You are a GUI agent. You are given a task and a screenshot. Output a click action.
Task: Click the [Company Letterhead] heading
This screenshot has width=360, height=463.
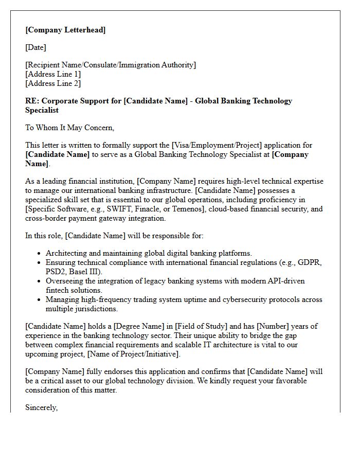[65, 30]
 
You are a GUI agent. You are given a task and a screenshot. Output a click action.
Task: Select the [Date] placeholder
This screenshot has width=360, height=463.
[35, 47]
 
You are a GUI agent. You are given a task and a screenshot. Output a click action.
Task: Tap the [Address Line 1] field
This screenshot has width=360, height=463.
[53, 74]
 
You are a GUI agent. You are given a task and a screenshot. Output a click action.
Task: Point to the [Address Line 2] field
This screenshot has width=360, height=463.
[53, 83]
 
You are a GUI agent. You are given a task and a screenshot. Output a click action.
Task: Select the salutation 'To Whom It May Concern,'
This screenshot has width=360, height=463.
[69, 128]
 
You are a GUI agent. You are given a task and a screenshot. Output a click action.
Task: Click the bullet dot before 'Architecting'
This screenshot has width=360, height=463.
[40, 254]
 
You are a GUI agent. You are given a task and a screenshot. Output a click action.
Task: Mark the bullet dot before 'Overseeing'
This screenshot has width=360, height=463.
[40, 281]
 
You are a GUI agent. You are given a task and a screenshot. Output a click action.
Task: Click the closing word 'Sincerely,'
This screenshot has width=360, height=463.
[42, 407]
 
